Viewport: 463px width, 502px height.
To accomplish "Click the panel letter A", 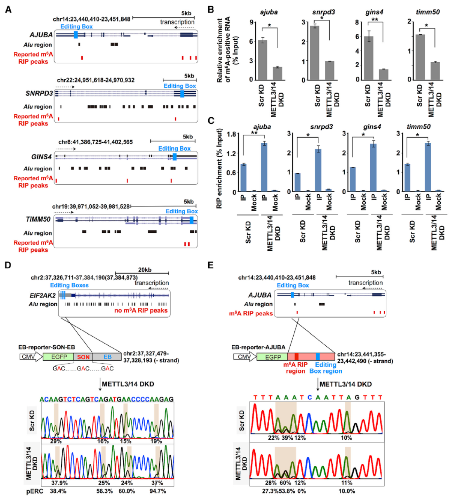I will click(8, 9).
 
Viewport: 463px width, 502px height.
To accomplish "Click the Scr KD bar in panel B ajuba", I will click(262, 60).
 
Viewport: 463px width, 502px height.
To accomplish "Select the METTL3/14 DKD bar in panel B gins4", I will click(384, 74).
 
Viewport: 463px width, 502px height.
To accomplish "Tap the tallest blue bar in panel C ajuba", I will click(264, 167).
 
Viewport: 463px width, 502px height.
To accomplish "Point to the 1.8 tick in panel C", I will click(232, 134).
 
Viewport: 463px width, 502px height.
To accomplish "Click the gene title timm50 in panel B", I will click(427, 12).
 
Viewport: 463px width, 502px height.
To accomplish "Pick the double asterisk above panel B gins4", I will click(375, 19).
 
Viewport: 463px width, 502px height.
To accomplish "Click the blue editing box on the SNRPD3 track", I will click(182, 94).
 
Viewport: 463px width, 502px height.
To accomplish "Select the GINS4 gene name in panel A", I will click(41, 157).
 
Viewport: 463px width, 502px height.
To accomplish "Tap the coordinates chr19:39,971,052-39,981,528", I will click(91, 206).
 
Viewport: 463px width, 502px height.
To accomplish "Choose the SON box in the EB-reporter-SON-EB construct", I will click(83, 357).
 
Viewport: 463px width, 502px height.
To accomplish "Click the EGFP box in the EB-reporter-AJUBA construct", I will click(272, 357).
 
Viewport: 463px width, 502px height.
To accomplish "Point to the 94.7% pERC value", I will click(157, 491).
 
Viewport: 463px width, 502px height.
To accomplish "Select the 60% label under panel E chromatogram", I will click(285, 483).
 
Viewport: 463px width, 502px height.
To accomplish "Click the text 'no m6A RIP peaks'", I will click(141, 311).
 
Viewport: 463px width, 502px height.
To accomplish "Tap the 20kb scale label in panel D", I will click(145, 270).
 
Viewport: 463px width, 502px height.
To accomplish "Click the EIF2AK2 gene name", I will click(43, 296).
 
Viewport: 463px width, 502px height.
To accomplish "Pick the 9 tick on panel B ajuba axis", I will click(251, 23).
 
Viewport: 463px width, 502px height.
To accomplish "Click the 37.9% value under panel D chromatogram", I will click(59, 483).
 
